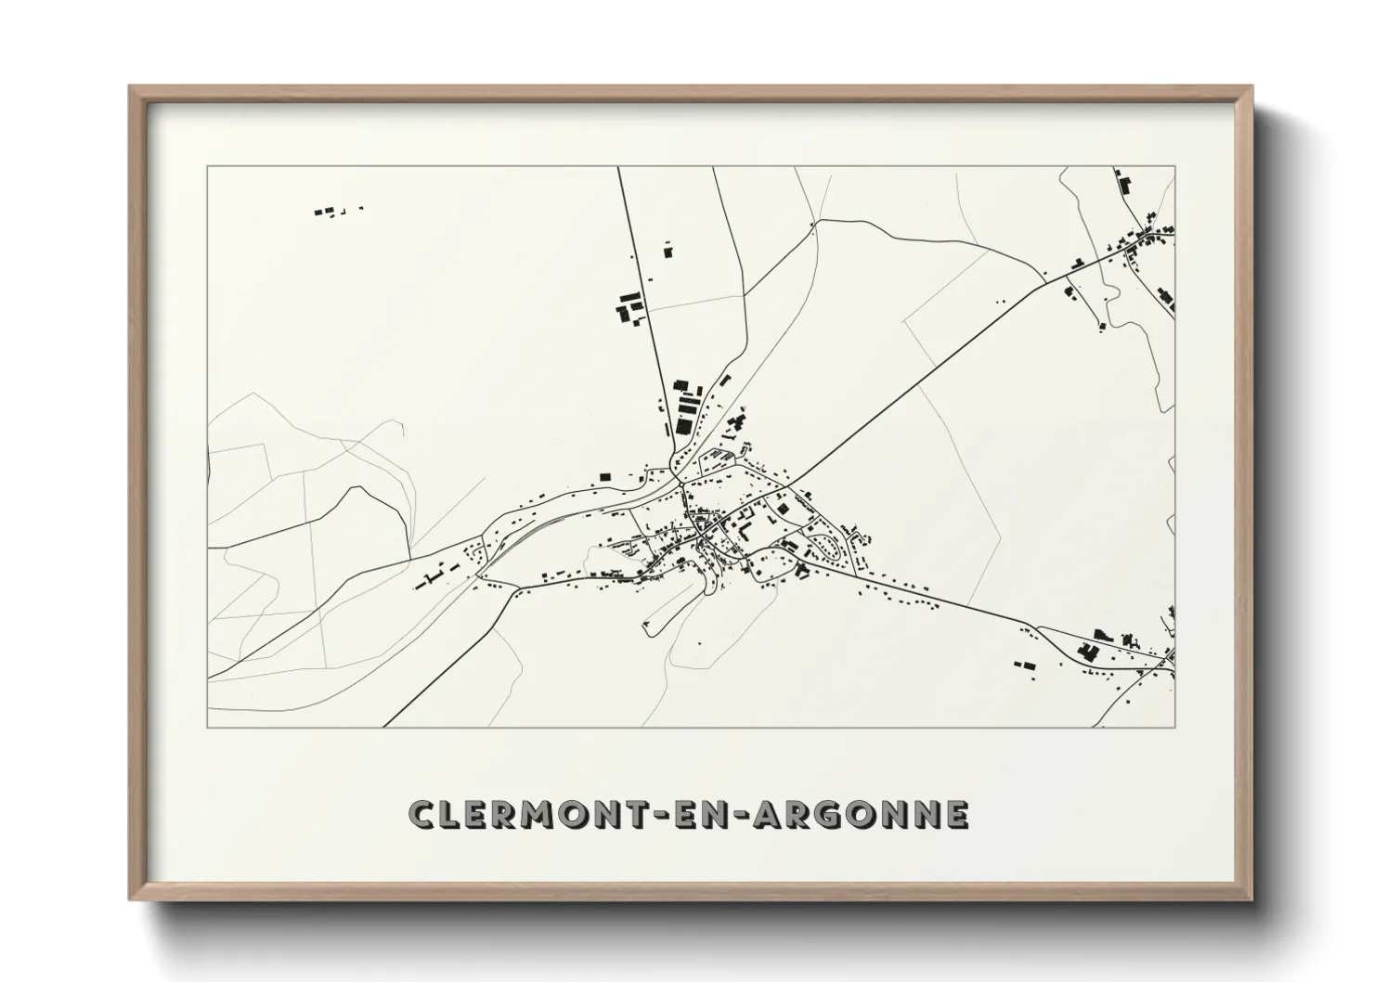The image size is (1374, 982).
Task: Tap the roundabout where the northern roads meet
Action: [681, 482]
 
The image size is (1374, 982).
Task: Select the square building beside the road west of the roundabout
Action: [605, 476]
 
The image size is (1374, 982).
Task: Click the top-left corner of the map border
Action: [208, 168]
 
